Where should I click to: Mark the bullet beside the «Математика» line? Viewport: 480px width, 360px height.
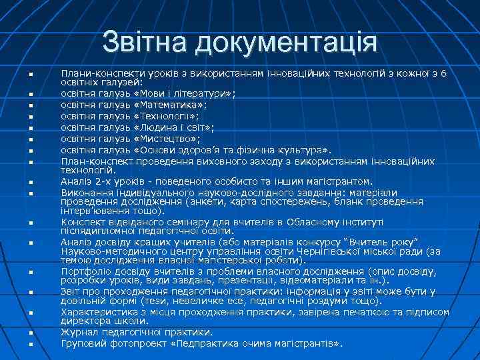point(31,105)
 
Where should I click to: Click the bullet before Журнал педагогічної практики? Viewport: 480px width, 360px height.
point(31,332)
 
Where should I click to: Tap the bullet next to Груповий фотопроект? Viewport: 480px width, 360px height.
point(31,344)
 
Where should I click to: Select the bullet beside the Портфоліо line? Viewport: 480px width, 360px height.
point(31,273)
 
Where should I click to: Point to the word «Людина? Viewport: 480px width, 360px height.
point(154,127)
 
